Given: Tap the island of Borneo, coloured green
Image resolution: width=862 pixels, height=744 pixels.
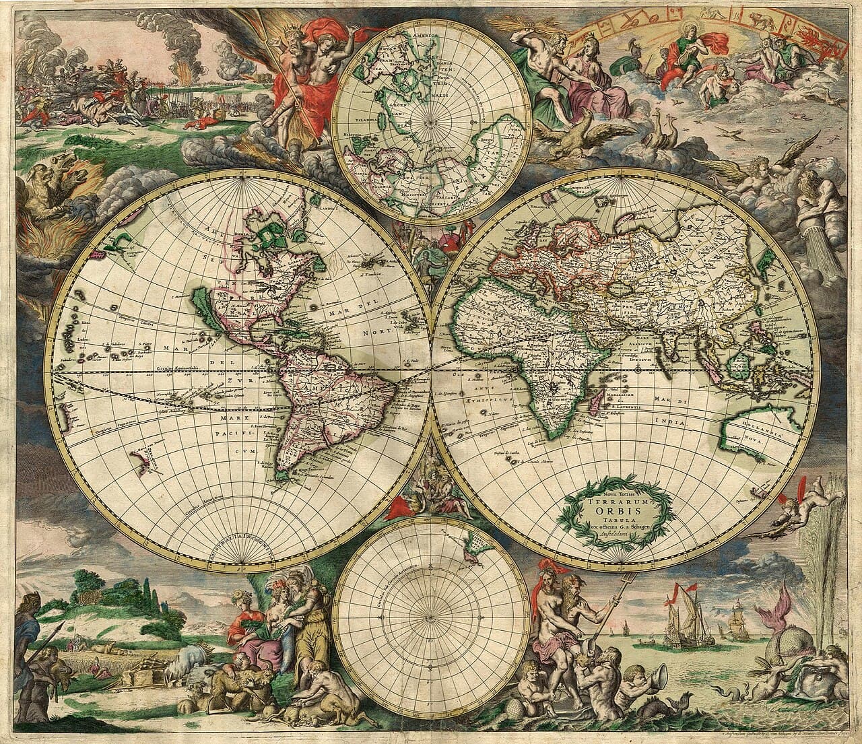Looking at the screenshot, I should tap(739, 367).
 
